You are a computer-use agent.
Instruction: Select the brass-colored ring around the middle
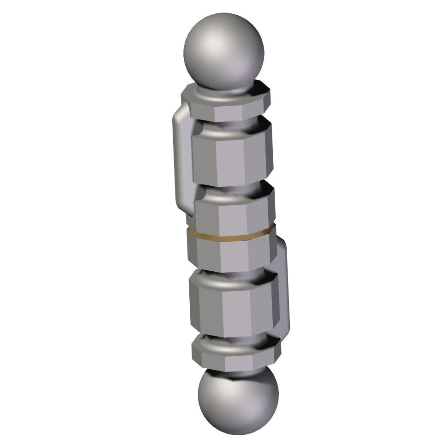click(231, 235)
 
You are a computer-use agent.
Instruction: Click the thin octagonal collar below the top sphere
click(225, 104)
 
